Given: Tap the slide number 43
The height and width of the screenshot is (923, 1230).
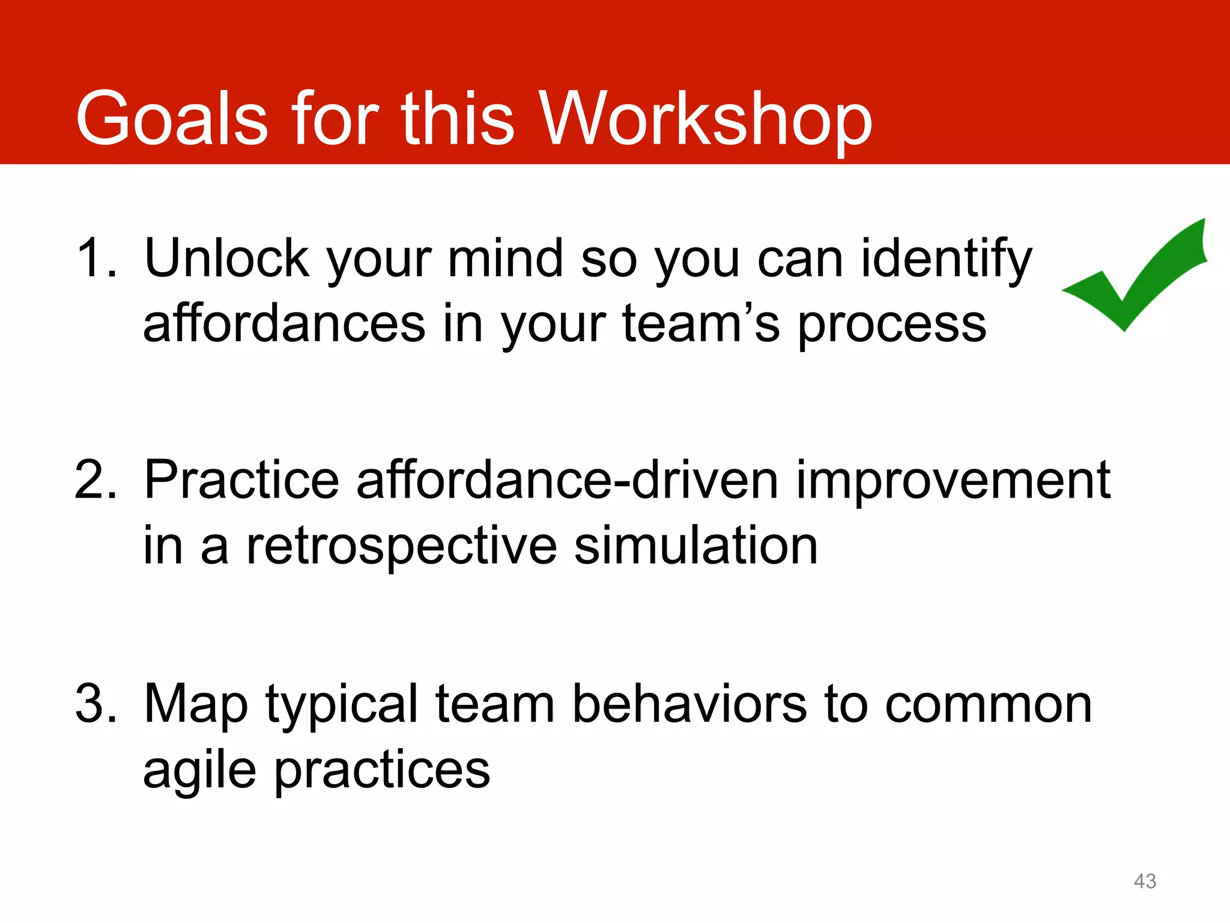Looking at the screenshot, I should tap(1145, 881).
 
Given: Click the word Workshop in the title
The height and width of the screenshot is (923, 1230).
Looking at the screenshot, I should tap(706, 118).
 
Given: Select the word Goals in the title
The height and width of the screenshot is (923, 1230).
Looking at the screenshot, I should tap(171, 118).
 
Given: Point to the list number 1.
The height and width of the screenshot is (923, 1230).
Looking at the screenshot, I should tap(96, 258).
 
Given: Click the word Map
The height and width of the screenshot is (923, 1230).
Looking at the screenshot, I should tap(196, 704).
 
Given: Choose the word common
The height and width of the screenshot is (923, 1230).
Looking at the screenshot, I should tap(989, 704).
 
